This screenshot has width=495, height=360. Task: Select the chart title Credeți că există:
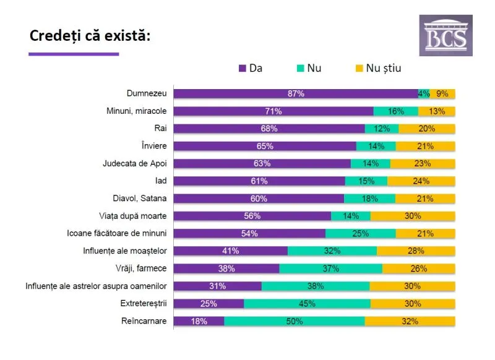[90, 35]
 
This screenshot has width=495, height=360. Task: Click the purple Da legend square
[243, 68]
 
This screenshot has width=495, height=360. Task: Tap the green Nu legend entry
[309, 68]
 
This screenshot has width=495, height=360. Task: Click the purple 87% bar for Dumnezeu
[295, 94]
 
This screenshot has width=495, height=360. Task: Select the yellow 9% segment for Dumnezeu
[442, 94]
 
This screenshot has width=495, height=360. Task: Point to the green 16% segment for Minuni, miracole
[395, 111]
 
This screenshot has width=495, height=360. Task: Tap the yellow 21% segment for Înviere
[425, 146]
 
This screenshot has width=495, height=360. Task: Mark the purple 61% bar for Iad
[259, 181]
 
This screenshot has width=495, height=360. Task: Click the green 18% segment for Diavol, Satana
[369, 199]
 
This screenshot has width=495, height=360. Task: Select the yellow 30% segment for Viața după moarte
[413, 216]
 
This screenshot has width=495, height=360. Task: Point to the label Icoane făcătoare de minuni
[118, 234]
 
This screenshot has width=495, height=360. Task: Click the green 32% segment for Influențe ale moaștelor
[332, 251]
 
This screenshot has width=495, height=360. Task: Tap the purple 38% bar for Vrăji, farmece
[226, 268]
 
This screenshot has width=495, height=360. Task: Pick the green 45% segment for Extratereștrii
[307, 304]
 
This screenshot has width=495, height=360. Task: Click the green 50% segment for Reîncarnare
[294, 321]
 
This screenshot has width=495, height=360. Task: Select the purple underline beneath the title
[74, 54]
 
